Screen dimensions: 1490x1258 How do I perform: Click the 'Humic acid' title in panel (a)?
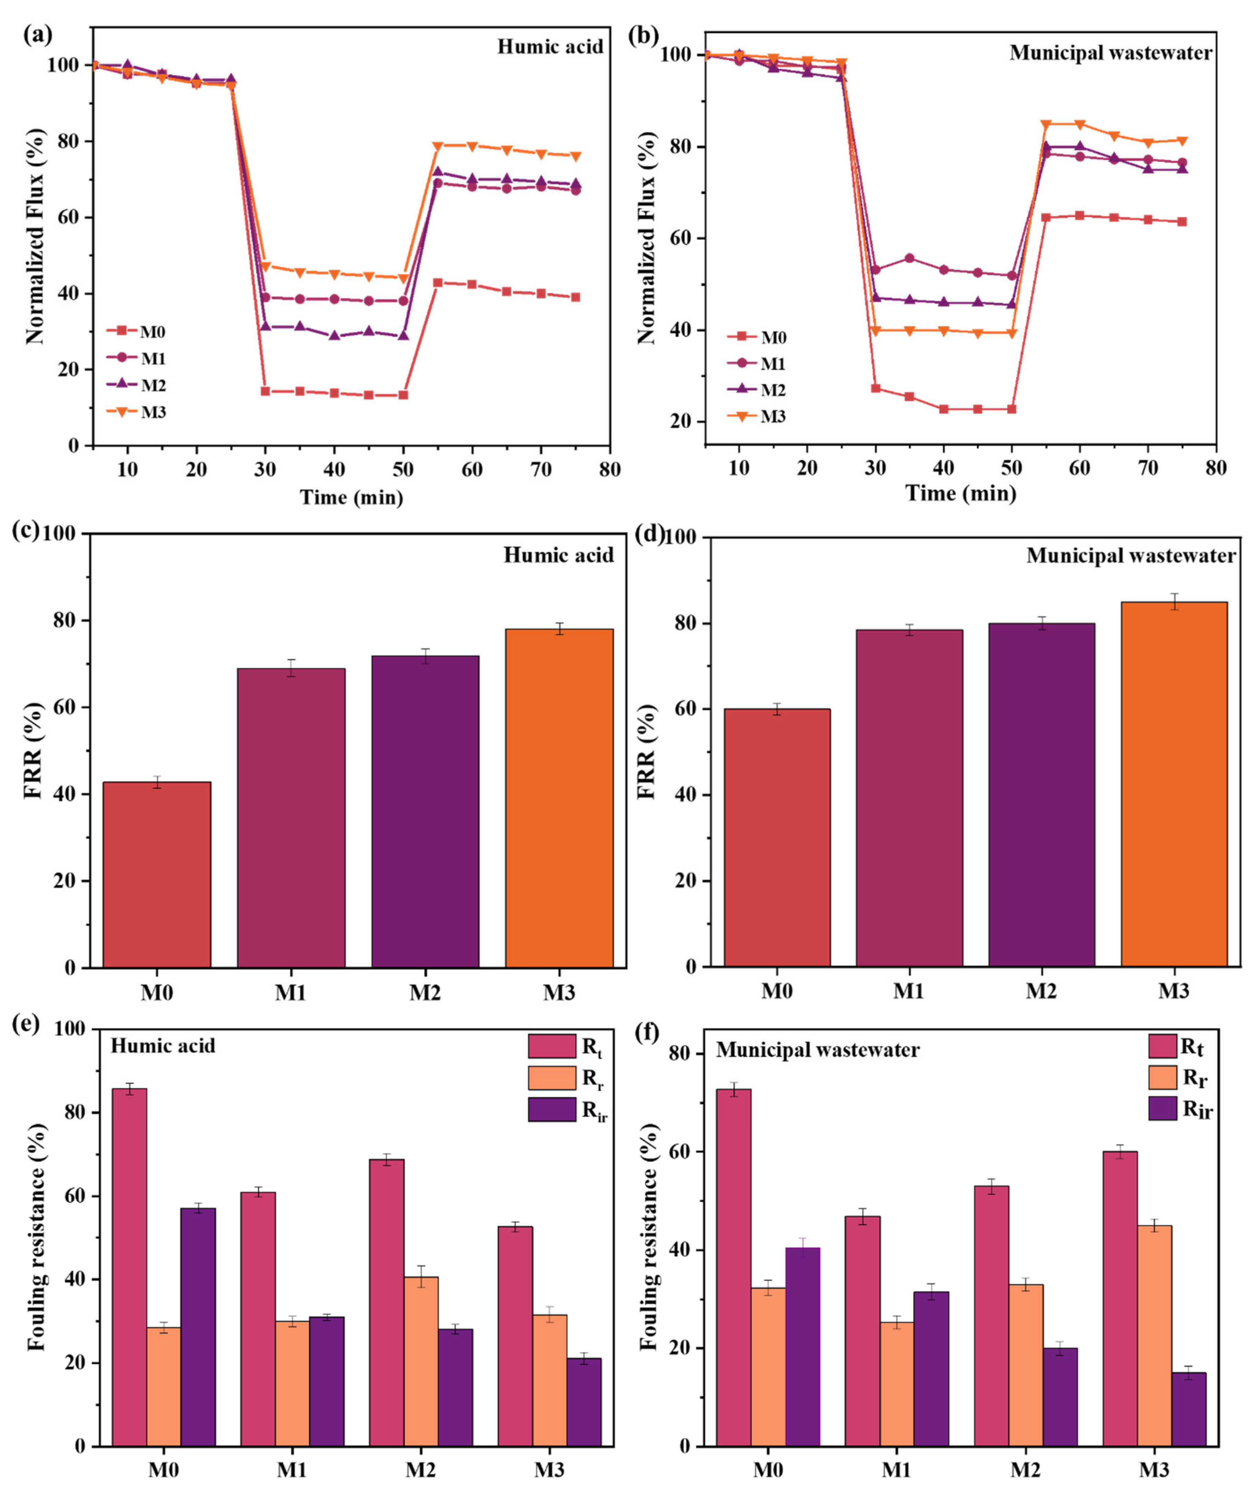pyautogui.click(x=550, y=47)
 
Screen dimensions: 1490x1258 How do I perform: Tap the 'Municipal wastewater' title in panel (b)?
pyautogui.click(x=1110, y=53)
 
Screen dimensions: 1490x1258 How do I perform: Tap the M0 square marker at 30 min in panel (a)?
pyautogui.click(x=265, y=391)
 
